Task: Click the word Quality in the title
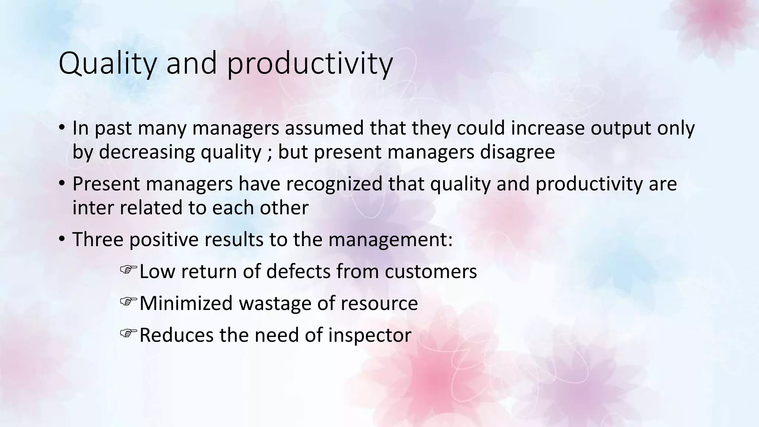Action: coord(108,64)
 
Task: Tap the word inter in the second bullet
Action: coord(93,208)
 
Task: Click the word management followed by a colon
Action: coord(390,239)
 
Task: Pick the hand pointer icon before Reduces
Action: coord(128,333)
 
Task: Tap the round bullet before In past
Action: coord(62,128)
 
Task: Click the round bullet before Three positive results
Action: coord(62,239)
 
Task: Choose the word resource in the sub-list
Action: coord(379,303)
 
